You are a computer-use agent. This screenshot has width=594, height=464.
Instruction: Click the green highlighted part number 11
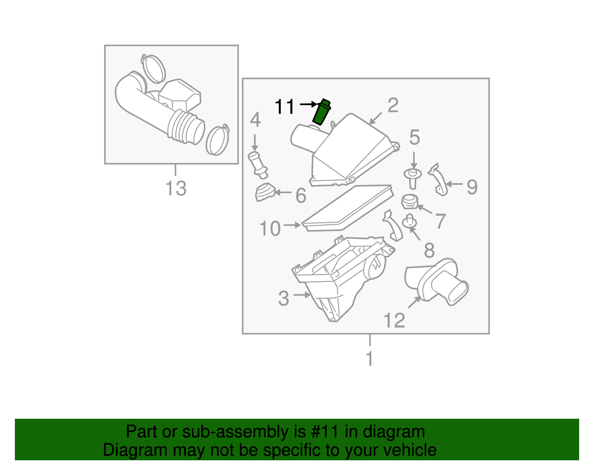(321, 112)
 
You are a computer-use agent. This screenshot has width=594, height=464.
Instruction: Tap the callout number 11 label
(284, 107)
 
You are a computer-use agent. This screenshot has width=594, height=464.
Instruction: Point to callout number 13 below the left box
(176, 188)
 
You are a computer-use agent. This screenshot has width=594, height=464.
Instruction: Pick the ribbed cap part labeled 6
(265, 192)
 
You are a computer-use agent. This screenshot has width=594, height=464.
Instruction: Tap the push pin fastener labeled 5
(412, 178)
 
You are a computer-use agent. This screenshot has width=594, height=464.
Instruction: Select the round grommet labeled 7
(409, 202)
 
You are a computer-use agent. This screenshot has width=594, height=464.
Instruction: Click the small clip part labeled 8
(409, 222)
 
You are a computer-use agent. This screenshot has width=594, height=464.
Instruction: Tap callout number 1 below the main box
(369, 358)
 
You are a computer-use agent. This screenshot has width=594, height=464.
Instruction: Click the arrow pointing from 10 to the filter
(292, 225)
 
